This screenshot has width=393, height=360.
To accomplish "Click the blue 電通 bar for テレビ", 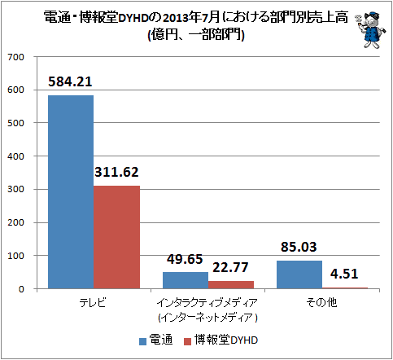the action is [x=71, y=191].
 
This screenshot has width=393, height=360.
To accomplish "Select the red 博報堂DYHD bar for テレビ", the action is [x=116, y=237].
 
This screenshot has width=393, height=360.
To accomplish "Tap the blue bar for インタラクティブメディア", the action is [x=186, y=280].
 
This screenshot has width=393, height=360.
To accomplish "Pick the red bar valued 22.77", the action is [x=231, y=284].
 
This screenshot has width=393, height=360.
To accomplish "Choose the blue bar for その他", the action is [x=299, y=274].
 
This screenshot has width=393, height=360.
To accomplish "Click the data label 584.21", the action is [x=70, y=81].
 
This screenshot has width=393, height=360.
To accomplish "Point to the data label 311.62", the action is [x=116, y=172].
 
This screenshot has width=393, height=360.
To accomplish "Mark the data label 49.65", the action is [x=185, y=259].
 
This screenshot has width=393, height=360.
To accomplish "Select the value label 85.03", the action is [x=299, y=247].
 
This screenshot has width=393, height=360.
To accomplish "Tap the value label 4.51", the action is [x=344, y=274].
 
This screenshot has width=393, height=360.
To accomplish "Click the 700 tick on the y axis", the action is [x=15, y=57].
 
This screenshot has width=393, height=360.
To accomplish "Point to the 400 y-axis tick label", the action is [x=15, y=156].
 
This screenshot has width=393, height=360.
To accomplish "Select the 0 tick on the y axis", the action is [x=21, y=289].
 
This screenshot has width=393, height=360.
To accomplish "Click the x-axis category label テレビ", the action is [x=93, y=302].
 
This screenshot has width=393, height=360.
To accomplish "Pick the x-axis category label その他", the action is [x=321, y=302].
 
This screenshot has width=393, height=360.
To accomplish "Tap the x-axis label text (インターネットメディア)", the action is [x=208, y=317].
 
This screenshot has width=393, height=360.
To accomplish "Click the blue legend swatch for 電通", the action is [x=142, y=341].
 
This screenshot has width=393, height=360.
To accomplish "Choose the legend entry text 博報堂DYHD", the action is [x=226, y=340].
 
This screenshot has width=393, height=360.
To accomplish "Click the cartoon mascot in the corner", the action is [x=370, y=30].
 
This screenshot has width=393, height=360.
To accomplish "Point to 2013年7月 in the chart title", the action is [x=191, y=18].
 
